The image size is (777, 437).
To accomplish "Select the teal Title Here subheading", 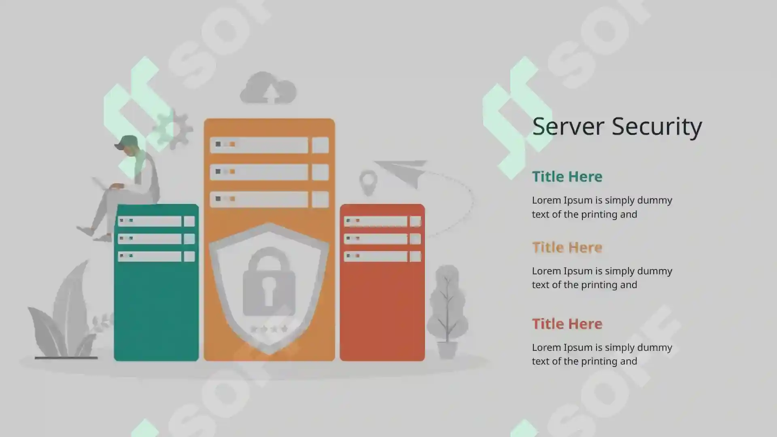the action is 567,176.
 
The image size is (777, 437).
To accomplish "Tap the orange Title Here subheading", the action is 567,247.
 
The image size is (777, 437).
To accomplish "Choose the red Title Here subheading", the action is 567,324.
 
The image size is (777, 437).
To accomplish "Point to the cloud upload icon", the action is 268,88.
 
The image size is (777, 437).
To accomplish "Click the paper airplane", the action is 401,173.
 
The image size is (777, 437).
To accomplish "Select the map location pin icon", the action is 368,183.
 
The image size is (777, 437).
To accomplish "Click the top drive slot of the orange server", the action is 259,145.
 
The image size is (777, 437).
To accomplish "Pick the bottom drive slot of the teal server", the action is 150,256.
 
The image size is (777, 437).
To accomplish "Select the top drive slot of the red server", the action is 376,221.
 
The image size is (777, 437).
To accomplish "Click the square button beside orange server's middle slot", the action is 320,172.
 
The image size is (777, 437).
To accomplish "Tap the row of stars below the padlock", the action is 269,329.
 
